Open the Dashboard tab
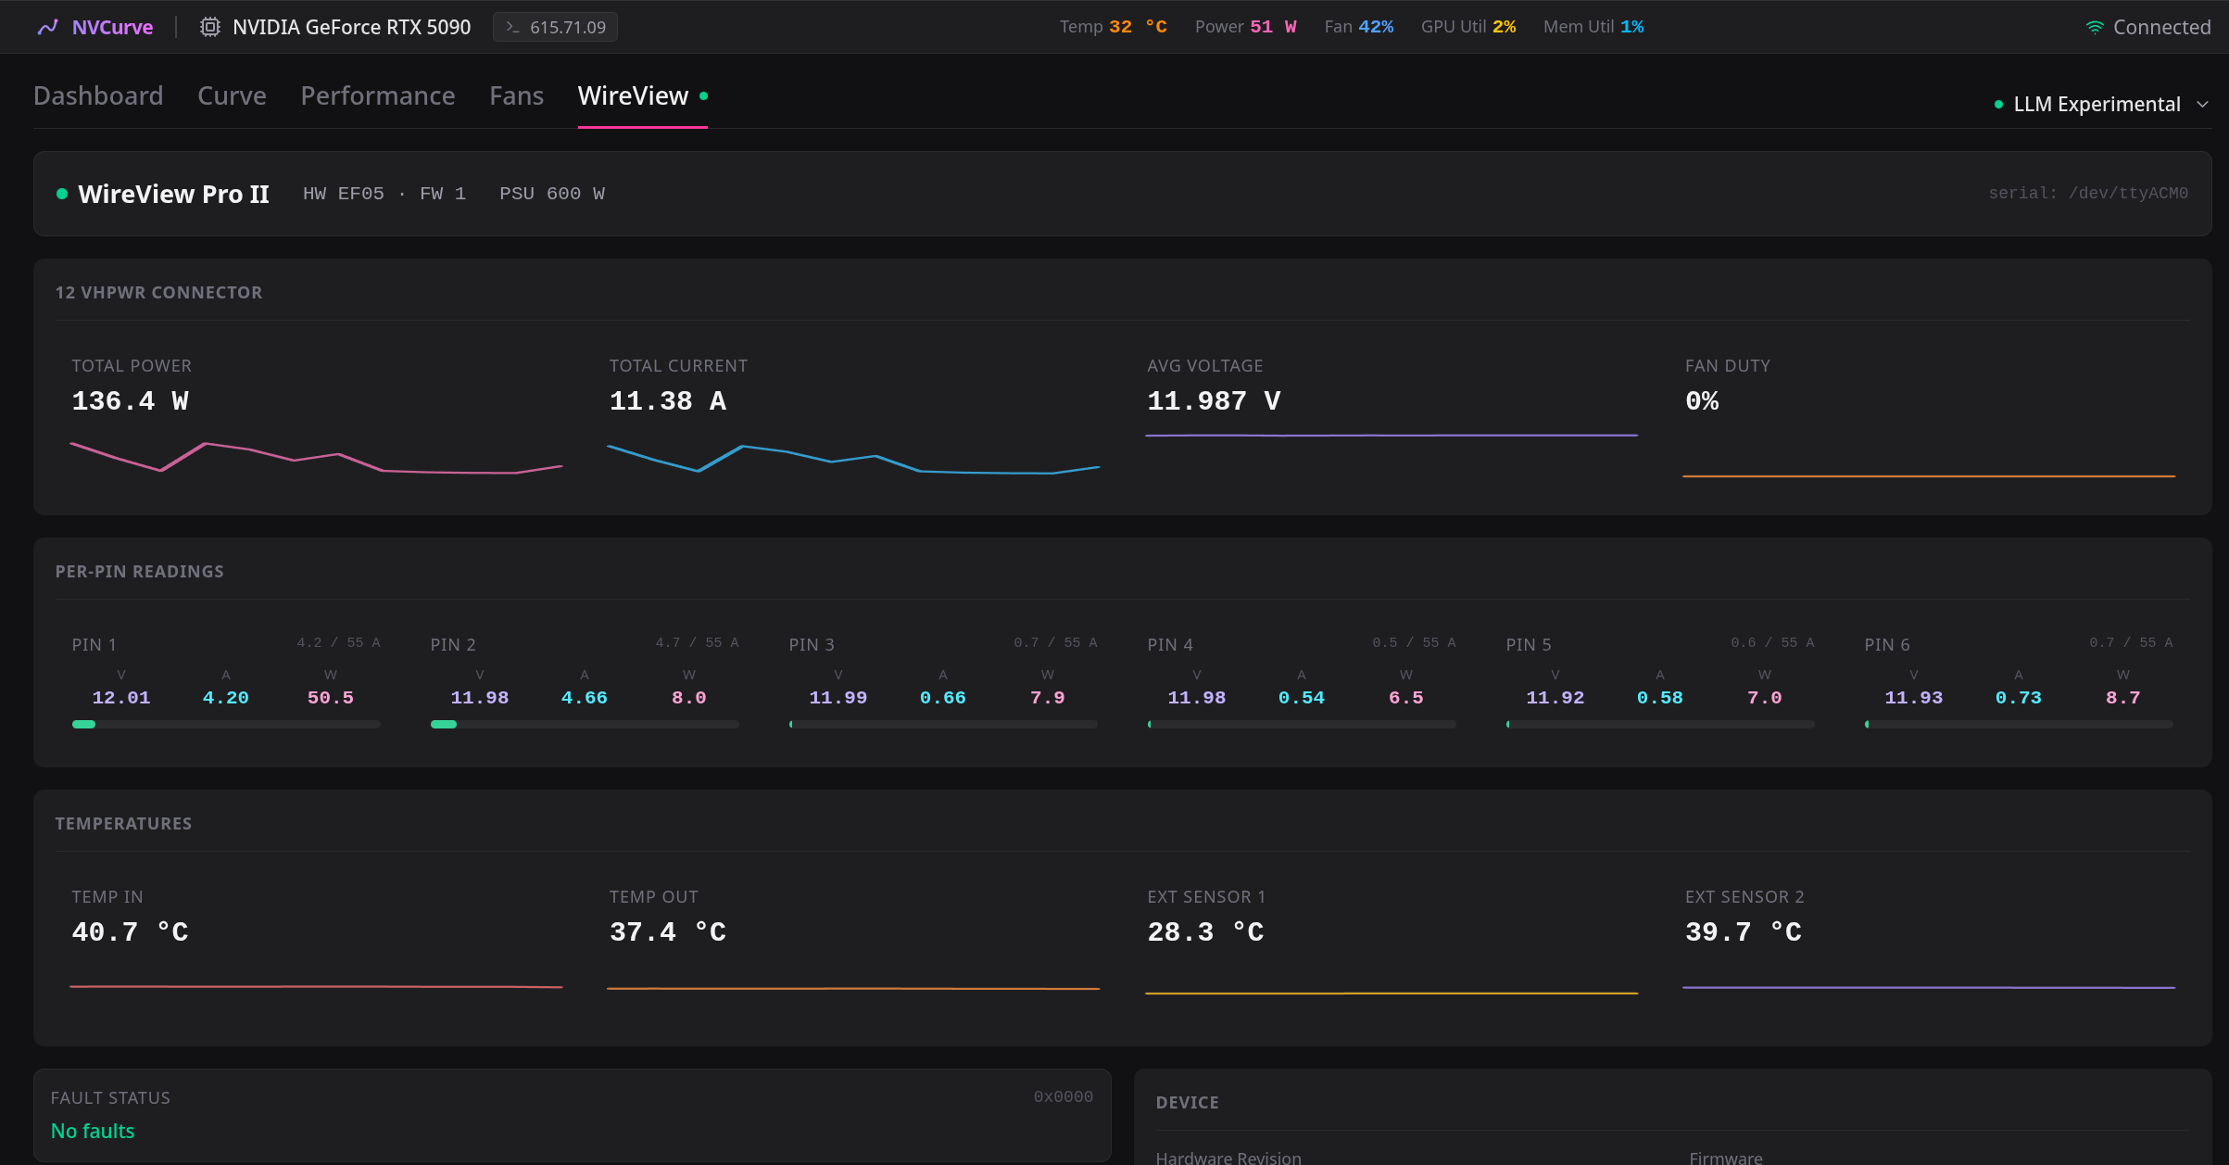pos(98,95)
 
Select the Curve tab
pos(232,95)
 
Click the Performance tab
pos(378,95)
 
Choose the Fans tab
pos(516,95)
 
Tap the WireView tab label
pos(633,95)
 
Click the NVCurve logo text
pos(112,27)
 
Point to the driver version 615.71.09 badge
pos(556,27)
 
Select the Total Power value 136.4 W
pos(130,400)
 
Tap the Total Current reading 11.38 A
pos(667,400)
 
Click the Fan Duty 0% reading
pos(1702,400)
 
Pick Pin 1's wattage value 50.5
pos(331,697)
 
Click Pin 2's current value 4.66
pos(585,697)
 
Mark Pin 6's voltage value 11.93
pos(1914,697)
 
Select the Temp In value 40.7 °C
pos(130,931)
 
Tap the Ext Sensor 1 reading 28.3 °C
pos(1205,931)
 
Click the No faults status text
pos(93,1131)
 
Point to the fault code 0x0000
pos(1064,1096)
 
